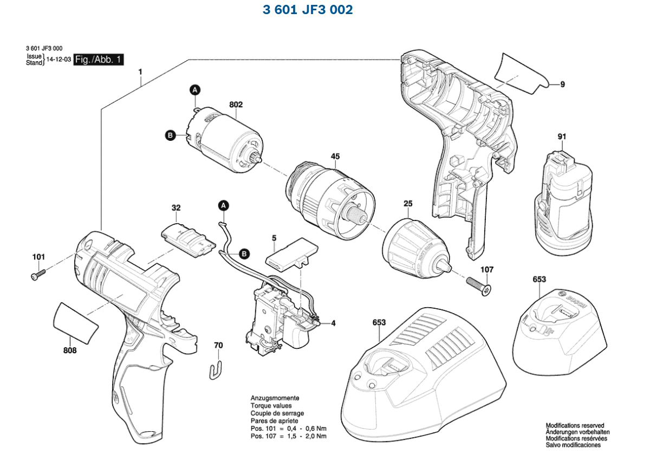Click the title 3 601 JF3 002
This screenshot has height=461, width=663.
point(308,10)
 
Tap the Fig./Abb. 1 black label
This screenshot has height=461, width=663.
point(99,60)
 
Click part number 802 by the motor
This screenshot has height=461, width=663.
point(236,105)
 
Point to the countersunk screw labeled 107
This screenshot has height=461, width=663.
point(478,285)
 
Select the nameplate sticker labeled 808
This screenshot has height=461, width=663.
point(76,322)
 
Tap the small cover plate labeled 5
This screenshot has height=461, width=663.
point(285,255)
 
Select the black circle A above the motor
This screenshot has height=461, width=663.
point(195,90)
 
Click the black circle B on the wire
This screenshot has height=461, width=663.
point(244,253)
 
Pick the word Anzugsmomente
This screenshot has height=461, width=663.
point(274,398)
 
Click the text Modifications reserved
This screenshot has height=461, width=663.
point(574,426)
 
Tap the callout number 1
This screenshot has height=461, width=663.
point(140,72)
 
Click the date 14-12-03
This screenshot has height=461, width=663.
point(58,60)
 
